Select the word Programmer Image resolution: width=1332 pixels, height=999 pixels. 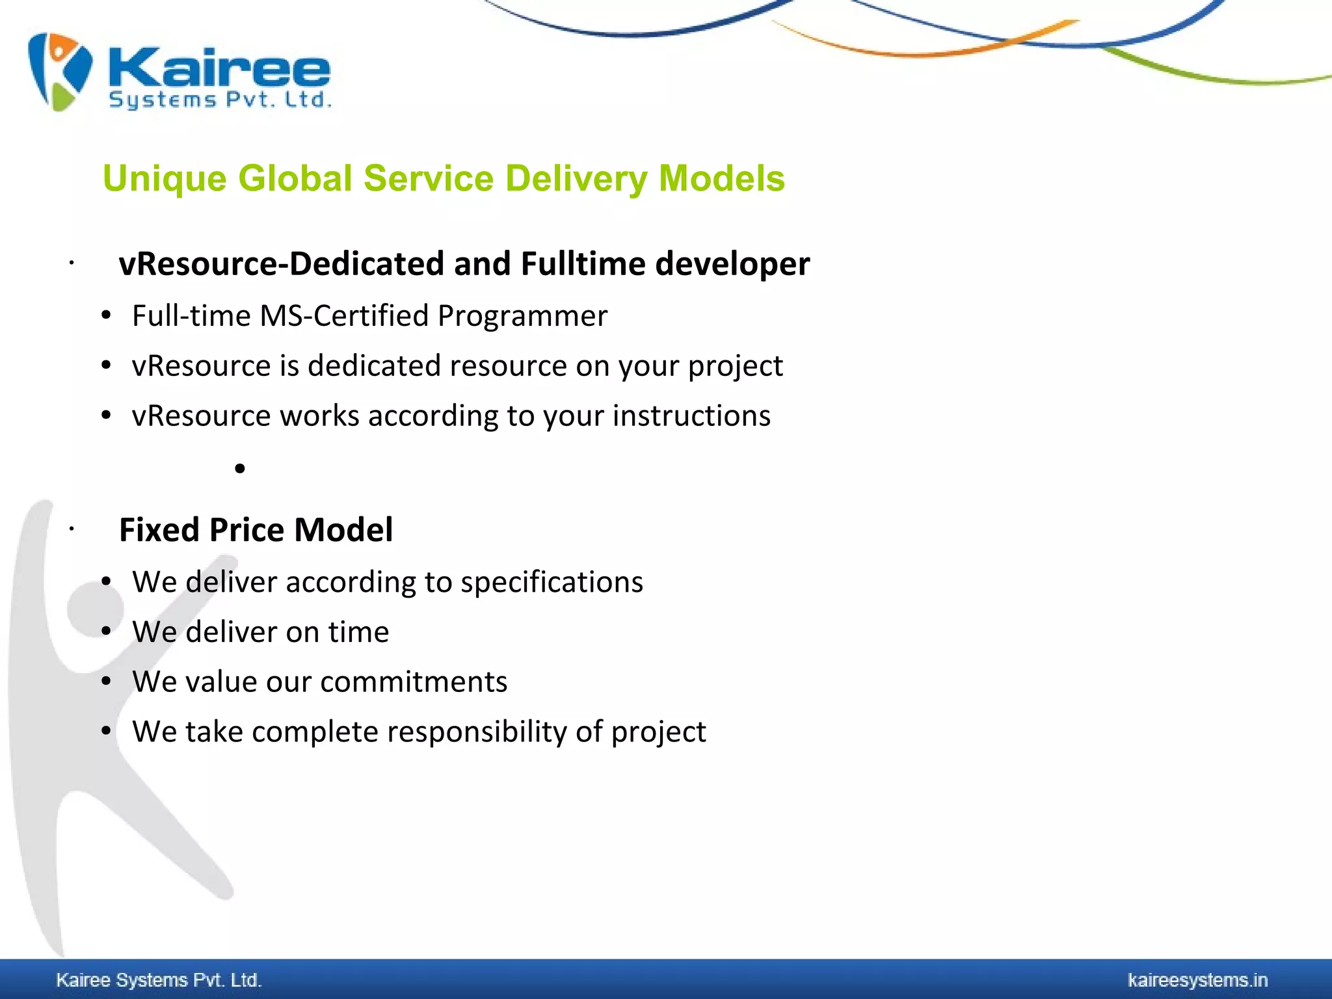coord(522,316)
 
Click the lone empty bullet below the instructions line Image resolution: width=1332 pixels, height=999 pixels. coord(240,468)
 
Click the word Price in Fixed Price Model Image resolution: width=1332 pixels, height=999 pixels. coord(246,530)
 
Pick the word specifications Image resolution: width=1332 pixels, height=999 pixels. coord(552,582)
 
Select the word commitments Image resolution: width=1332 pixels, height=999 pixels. coord(414,682)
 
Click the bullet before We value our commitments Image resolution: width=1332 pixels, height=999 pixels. coord(107,681)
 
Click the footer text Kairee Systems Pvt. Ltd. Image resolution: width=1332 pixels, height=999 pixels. coord(159,980)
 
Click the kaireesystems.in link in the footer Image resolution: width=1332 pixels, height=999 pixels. coord(1197,980)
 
